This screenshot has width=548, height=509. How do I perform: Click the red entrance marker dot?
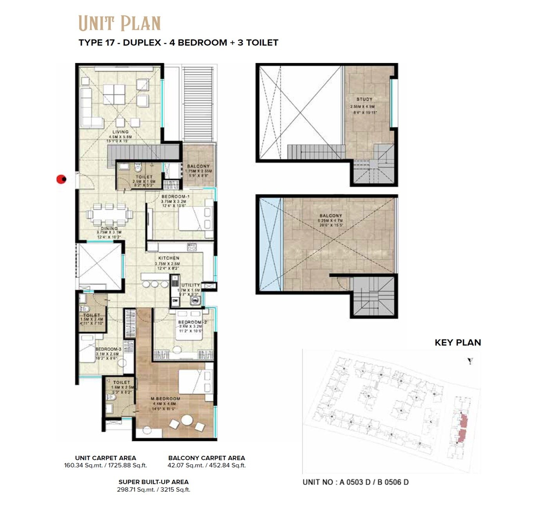point(61,179)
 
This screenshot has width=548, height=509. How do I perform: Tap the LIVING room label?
point(121,132)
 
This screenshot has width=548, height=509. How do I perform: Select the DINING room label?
point(109,228)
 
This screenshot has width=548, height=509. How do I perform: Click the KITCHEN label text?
point(169,258)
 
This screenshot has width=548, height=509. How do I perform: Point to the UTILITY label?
point(191,285)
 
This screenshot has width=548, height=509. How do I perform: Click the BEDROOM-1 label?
point(175,197)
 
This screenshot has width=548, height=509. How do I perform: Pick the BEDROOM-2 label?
point(192,322)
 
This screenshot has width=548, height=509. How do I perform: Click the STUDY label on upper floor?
point(364,99)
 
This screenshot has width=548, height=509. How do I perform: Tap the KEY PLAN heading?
point(458,342)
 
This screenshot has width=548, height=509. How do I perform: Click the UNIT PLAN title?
point(119,23)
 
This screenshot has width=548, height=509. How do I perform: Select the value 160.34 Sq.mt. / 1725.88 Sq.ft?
point(106,466)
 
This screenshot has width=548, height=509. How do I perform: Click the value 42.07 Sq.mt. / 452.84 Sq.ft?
point(207,466)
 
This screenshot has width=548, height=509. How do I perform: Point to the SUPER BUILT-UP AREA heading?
point(153,482)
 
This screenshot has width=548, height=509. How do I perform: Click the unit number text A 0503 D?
point(355,482)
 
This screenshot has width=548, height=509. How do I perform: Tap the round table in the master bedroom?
point(187,420)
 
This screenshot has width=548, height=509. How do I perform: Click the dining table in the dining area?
point(110,214)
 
